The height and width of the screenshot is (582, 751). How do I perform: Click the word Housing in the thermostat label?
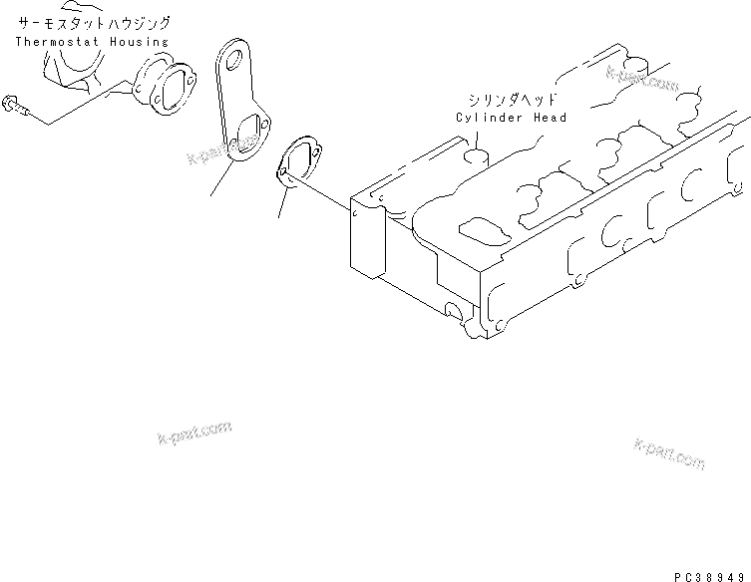(x=137, y=42)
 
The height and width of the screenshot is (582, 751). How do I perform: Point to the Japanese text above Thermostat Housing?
(x=94, y=22)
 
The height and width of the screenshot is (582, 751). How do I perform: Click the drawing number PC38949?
(x=708, y=575)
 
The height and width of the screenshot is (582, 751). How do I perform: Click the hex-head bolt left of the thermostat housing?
(x=13, y=103)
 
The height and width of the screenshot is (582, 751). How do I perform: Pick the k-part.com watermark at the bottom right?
(x=667, y=455)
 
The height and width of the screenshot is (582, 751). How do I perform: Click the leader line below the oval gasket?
(x=282, y=202)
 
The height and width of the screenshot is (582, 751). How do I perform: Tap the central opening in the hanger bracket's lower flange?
(x=246, y=135)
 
